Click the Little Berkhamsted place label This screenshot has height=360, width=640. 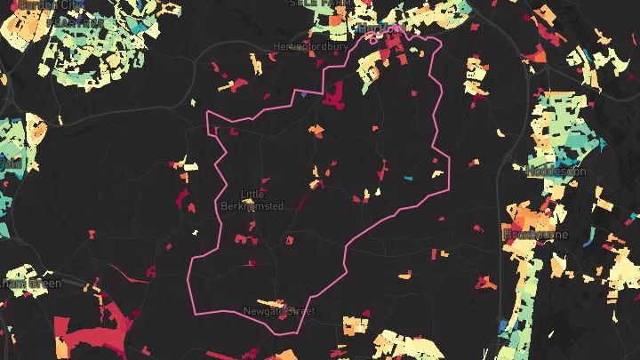pos(252,200)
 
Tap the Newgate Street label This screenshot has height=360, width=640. pos(279,311)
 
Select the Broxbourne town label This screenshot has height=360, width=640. pos(530,234)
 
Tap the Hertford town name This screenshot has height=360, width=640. pos(382,28)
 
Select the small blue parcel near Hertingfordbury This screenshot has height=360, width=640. pos(303,93)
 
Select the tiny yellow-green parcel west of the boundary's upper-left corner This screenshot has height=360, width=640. pos(196,100)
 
